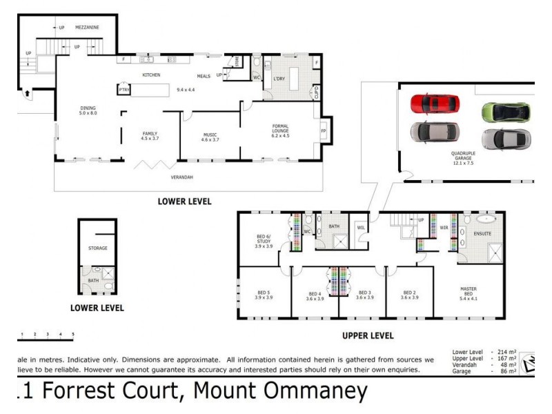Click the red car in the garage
(x=435, y=104)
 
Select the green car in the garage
(x=505, y=112)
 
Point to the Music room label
(x=210, y=137)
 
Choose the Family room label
(x=150, y=135)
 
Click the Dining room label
(x=88, y=110)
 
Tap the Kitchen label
(x=151, y=75)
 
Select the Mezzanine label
(x=88, y=28)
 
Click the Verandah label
(x=182, y=177)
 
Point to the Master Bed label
(x=473, y=291)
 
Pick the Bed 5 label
(x=264, y=295)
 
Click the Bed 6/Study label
(x=264, y=241)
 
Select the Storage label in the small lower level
(x=97, y=248)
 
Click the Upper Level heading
(x=368, y=336)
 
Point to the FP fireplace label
(x=323, y=130)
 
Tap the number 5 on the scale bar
(x=73, y=334)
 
